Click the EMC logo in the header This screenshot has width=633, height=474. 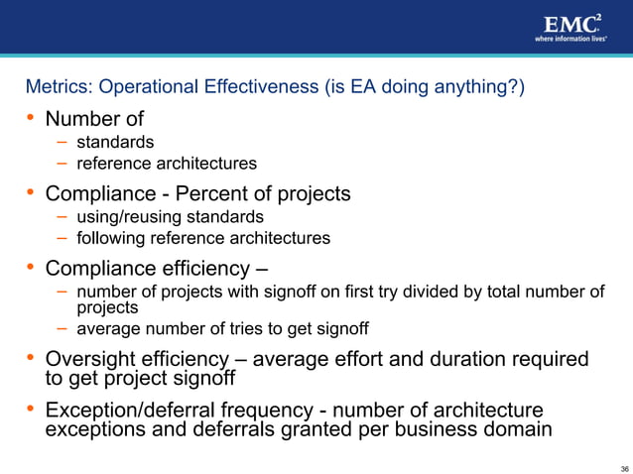point(570,23)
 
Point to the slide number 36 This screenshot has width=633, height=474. point(623,467)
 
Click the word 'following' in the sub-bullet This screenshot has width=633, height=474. point(111,238)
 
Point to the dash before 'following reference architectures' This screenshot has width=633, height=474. point(62,238)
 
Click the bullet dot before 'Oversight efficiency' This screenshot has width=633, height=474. point(31,358)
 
